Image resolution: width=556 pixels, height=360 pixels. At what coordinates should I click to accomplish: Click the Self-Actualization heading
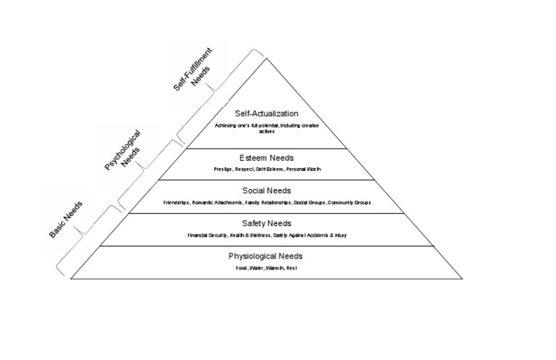click(266, 114)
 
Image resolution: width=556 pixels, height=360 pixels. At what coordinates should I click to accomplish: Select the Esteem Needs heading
click(266, 157)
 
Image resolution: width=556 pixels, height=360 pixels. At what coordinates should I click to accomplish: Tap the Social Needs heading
click(266, 191)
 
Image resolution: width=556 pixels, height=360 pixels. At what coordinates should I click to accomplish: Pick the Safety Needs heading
click(266, 224)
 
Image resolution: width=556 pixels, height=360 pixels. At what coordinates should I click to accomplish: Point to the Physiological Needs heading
click(266, 256)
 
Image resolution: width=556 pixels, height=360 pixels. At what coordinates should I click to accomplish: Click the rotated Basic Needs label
click(66, 219)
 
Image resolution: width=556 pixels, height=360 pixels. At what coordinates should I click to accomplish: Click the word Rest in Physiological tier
click(291, 268)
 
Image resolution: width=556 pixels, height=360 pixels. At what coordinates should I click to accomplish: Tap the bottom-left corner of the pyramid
click(70, 279)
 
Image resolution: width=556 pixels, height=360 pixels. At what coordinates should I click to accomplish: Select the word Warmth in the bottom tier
click(274, 268)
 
